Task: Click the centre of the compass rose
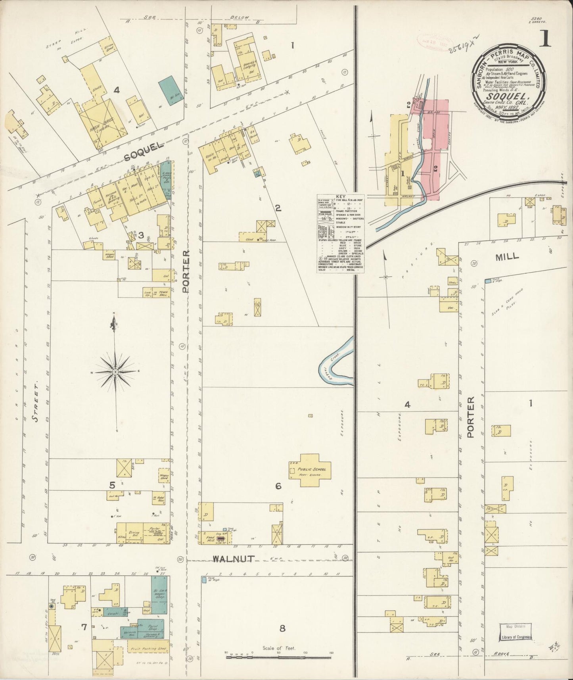coord(115,372)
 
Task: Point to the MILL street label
coord(507,257)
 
